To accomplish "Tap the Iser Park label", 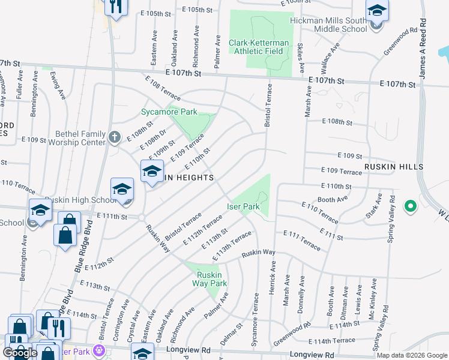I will [243, 206].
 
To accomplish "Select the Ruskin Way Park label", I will [211, 279].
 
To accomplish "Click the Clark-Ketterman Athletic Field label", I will [259, 47].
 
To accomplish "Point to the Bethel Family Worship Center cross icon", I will [114, 137].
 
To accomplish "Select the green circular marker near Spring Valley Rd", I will [411, 206].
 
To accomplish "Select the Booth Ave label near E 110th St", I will [333, 199].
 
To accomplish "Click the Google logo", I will [20, 352].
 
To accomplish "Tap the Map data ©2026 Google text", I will [412, 355].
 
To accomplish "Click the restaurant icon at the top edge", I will [114, 6].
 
